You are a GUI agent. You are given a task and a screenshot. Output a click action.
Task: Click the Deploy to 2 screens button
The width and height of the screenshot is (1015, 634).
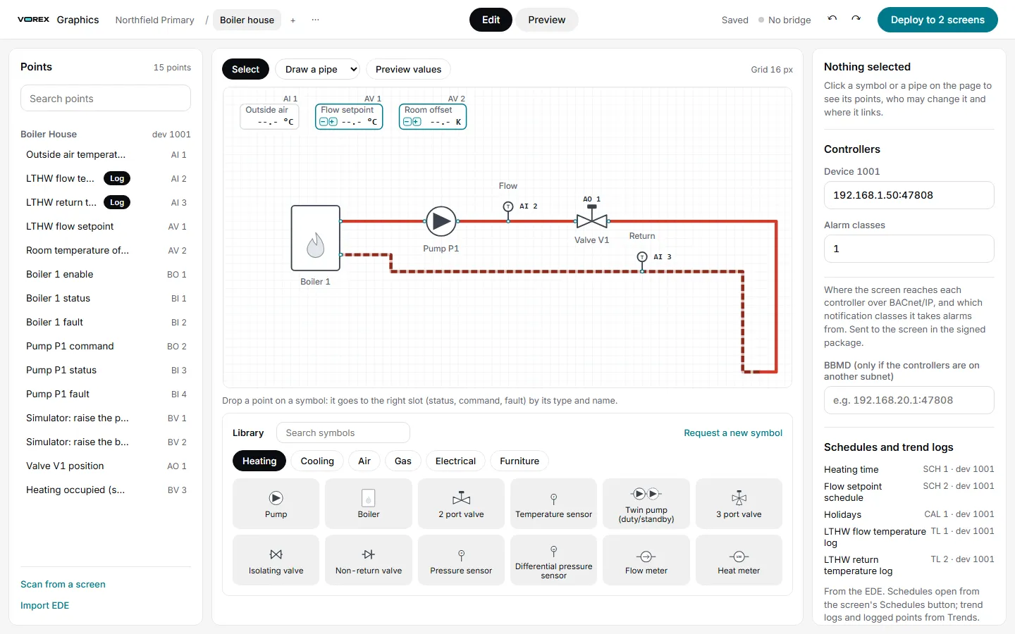[937, 20]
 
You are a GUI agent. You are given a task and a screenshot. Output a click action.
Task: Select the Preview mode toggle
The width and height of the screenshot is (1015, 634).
[546, 20]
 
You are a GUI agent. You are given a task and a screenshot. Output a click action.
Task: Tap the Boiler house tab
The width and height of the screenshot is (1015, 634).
[247, 20]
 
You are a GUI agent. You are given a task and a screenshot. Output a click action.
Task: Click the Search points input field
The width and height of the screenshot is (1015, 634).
[106, 99]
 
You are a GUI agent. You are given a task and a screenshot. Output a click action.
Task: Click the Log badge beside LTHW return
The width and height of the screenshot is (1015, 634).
[117, 202]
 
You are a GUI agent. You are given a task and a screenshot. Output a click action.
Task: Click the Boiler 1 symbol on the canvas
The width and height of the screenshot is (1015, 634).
[315, 238]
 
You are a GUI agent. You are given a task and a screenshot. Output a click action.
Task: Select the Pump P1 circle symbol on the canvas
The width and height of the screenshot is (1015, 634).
[441, 221]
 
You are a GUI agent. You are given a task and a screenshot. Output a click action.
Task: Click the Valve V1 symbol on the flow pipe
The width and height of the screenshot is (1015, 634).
[592, 218]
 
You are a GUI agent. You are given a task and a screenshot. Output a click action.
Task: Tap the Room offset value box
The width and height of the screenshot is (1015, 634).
[432, 117]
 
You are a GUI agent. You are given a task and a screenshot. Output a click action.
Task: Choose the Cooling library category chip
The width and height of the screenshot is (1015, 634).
[317, 461]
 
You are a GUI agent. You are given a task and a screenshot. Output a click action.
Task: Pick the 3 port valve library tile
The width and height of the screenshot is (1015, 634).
[739, 504]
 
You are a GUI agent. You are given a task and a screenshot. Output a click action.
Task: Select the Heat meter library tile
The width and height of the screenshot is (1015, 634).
[739, 560]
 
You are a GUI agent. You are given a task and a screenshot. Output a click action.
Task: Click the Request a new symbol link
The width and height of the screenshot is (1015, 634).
[733, 433]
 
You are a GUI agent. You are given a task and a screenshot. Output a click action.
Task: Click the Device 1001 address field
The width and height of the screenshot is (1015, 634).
[909, 195]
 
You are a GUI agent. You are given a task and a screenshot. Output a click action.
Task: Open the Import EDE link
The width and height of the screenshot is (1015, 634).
[45, 606]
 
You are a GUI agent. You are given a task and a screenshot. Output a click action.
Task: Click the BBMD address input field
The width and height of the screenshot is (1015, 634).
[909, 400]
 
